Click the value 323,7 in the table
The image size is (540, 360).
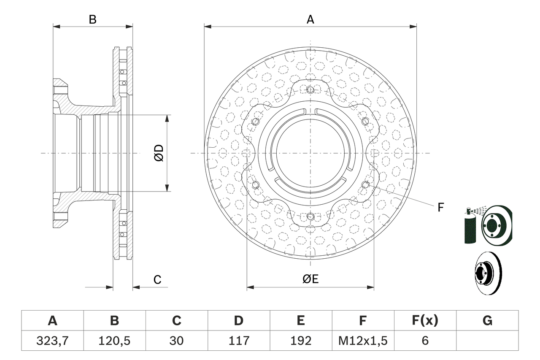point(52,340)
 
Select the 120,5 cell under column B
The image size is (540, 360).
point(114,340)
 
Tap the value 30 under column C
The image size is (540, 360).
point(176,340)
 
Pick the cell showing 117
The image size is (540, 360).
point(238,340)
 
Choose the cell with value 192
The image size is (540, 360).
point(300,340)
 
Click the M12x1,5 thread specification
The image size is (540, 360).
point(363,340)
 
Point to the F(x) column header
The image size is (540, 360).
point(425,321)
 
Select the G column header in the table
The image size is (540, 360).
point(487,321)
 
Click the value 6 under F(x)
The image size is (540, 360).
point(425,340)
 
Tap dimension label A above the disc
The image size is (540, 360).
point(310,19)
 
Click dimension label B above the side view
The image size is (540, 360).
point(92,19)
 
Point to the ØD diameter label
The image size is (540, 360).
point(159,153)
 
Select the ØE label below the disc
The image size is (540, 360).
point(310,279)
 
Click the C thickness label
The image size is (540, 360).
point(157,279)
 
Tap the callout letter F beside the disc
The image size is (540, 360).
point(440,207)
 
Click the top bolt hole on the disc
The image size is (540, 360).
point(310,89)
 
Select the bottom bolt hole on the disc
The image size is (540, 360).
point(310,217)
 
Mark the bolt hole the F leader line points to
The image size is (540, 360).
point(365,184)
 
